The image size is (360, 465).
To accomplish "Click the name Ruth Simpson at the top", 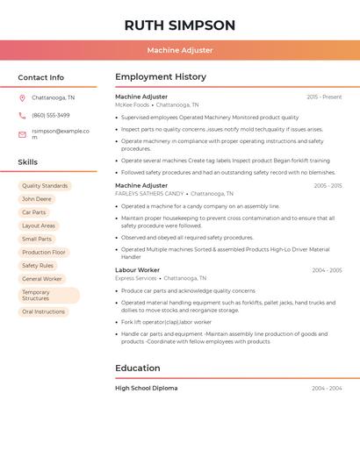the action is pos(180,25).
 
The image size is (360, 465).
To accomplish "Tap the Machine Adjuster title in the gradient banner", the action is pos(180,50).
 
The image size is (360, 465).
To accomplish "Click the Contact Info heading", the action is pos(40,77).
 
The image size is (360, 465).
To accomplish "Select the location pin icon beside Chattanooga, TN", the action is pos(22,97).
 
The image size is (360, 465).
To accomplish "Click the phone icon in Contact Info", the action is pos(22,115).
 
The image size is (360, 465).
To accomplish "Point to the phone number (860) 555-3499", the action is pos(50,115).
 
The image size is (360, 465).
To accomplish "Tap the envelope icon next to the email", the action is pos(22,134).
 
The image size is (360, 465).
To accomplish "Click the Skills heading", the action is pos(28,162).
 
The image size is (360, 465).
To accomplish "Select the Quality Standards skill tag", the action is pos(45,186).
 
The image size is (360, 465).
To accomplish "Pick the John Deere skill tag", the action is pos(37,199).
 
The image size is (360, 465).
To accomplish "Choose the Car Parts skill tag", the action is pos(34,212).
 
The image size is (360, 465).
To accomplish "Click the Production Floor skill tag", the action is pos(44,252).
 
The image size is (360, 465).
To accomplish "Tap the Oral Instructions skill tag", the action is pos(44,311).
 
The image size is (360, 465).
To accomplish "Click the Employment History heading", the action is pos(161,77).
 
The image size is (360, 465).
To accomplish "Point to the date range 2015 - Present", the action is pos(324,97).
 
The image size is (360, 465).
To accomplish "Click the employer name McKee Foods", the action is pos(133,104).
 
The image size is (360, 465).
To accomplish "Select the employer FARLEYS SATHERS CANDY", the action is pos(149,193).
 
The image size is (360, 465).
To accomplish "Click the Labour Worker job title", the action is pos(137,270).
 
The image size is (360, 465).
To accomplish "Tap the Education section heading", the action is pos(138,368).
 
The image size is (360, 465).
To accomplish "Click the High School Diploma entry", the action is pos(146,388).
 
